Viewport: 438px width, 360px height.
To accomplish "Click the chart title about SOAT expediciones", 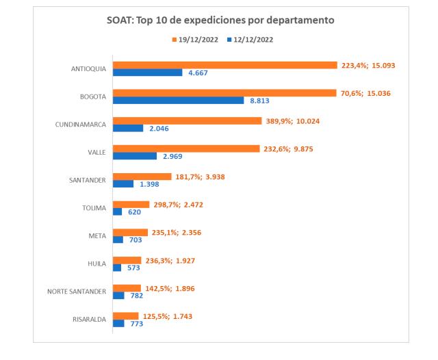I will coord(219,21).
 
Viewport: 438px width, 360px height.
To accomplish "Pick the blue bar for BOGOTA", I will coord(178,100).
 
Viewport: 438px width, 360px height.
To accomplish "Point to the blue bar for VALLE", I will coord(134,155).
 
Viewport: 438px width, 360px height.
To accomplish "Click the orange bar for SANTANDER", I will coord(142,177).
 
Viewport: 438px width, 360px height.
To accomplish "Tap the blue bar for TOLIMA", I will coord(117,211).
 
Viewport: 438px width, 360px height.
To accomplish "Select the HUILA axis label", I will coord(96,263).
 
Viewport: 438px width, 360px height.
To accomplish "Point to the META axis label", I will coord(97,236).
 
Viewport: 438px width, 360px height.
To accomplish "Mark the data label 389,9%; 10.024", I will coord(296,120).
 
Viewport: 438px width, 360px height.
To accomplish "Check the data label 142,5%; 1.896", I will coord(170,288).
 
